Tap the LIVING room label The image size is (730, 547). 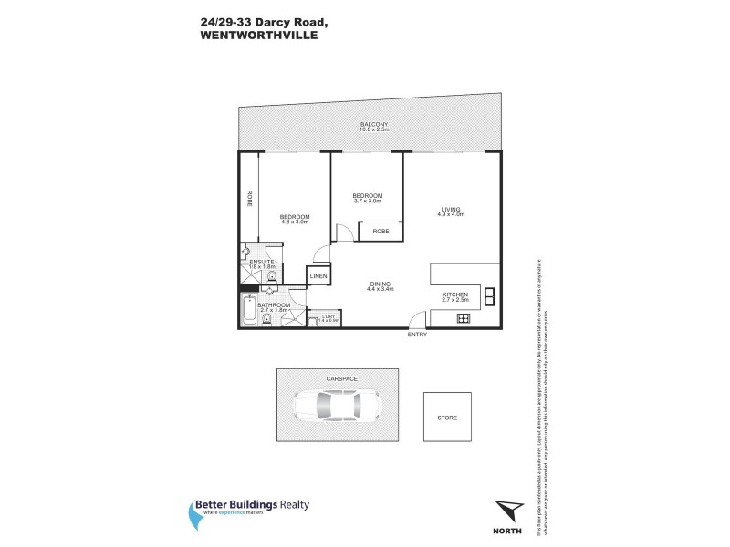point(451,209)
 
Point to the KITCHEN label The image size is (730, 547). point(455,294)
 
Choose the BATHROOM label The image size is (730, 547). point(274,304)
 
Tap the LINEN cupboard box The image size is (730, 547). point(318,275)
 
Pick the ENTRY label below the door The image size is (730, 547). point(418,335)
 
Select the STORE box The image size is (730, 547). point(447,417)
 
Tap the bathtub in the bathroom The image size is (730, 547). point(250,310)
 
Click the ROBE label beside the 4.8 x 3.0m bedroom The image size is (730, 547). point(248,199)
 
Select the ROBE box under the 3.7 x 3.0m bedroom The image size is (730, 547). point(381,232)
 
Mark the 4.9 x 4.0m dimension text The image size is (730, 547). point(451,215)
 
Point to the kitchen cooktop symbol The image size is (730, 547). point(463,318)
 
